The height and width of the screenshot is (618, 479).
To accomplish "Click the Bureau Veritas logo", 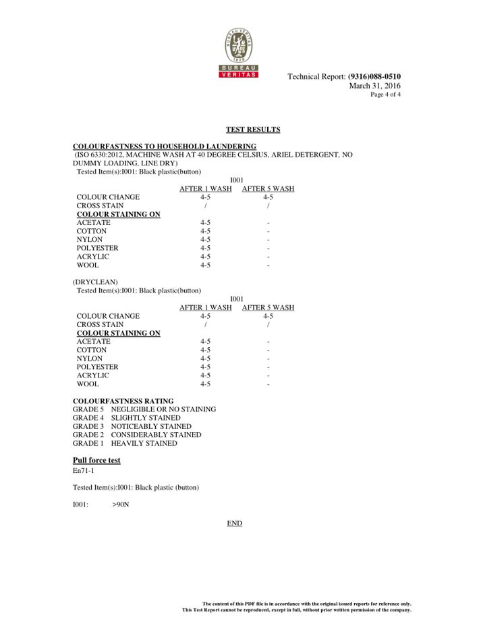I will pyautogui.click(x=239, y=53).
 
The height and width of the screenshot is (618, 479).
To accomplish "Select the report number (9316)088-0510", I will pyautogui.click(x=374, y=77).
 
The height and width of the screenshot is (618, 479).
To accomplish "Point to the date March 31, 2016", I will pyautogui.click(x=374, y=86).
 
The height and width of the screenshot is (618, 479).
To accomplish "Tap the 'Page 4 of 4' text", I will pyautogui.click(x=385, y=95).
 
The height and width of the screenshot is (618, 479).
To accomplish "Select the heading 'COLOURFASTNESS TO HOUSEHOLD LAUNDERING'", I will pyautogui.click(x=164, y=147).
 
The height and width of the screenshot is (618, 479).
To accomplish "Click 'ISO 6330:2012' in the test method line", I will pyautogui.click(x=100, y=155).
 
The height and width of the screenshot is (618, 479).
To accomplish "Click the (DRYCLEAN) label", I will pyautogui.click(x=95, y=282).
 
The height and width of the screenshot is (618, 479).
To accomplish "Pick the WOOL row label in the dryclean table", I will pyautogui.click(x=87, y=384).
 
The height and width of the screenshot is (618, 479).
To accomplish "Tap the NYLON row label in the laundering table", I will pyautogui.click(x=90, y=240).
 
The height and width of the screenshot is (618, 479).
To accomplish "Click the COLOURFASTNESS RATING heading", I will pyautogui.click(x=123, y=401).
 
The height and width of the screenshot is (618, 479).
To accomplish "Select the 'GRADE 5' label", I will pyautogui.click(x=88, y=409).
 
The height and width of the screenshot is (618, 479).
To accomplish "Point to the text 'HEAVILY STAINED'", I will pyautogui.click(x=144, y=444).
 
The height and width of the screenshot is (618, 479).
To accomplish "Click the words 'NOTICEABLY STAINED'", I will pyautogui.click(x=151, y=427).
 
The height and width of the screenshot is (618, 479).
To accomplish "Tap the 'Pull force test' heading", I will pyautogui.click(x=96, y=461).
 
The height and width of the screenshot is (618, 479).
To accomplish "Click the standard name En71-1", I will pyautogui.click(x=83, y=470).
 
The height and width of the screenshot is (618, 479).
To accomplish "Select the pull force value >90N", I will pyautogui.click(x=121, y=505).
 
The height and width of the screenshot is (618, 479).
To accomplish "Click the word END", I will pyautogui.click(x=234, y=523).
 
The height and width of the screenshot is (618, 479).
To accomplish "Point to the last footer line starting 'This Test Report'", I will pyautogui.click(x=296, y=610).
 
